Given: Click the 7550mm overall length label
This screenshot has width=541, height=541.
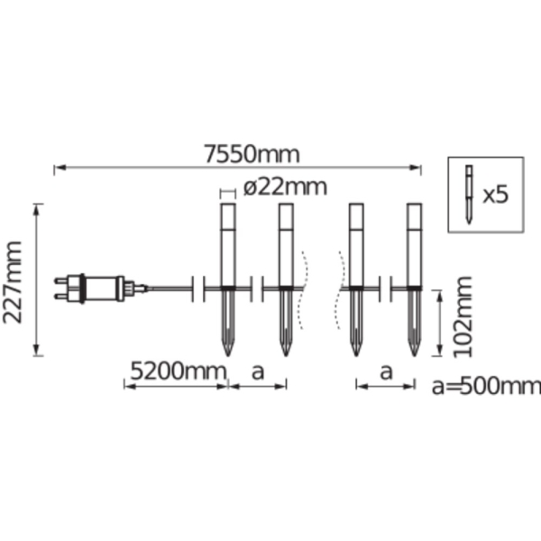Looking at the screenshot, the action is (252, 154).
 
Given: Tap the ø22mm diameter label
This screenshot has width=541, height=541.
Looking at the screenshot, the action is (285, 188).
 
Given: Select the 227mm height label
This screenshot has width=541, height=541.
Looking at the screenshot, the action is (13, 282).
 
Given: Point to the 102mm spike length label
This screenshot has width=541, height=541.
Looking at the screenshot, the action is (463, 317).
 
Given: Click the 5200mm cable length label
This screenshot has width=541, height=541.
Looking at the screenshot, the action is (179, 371).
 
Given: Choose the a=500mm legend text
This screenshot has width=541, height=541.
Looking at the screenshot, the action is (486, 386).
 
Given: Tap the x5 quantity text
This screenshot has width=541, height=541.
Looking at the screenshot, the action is (495, 196).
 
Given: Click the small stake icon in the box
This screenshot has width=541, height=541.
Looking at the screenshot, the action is (469, 195).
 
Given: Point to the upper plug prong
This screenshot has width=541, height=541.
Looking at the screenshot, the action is (61, 281).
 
